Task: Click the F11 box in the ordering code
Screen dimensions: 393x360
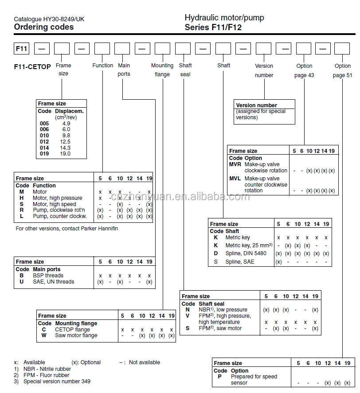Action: tap(22, 49)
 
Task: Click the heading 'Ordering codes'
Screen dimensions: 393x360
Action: tap(43, 27)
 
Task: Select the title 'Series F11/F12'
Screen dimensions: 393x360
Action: tap(213, 27)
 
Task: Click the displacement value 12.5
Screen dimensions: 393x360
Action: tap(66, 142)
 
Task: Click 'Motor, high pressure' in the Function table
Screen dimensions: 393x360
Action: tap(57, 198)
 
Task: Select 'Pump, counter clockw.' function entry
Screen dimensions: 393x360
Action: tap(59, 216)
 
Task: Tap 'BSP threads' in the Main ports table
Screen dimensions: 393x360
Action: tap(48, 276)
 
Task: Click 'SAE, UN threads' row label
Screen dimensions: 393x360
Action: tap(53, 282)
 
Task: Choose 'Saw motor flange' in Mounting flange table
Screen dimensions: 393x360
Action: tap(76, 335)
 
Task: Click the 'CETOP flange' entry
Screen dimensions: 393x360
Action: tap(72, 330)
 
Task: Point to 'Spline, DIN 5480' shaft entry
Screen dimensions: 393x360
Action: tap(246, 253)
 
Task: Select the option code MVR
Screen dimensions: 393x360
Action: tap(235, 164)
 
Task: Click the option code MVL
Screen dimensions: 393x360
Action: tap(235, 179)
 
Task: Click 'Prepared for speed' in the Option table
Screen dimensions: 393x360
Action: tap(254, 377)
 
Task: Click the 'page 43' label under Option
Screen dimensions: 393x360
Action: tap(304, 75)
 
